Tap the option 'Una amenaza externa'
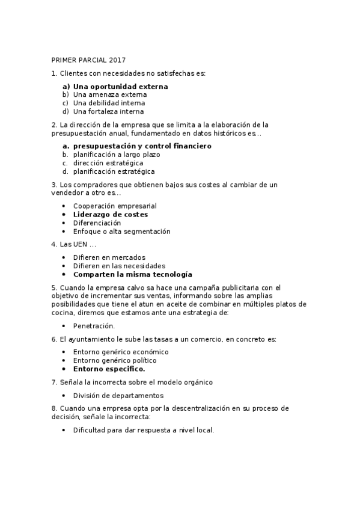tap(110, 95)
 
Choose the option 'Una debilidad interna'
tap(109, 103)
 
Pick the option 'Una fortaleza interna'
tap(108, 111)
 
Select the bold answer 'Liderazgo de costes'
tap(110, 214)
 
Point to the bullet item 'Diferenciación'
tap(97, 223)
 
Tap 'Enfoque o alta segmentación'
tap(121, 231)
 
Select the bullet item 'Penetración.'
tap(94, 326)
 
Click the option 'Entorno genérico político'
tap(114, 360)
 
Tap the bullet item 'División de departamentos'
tap(118, 395)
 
